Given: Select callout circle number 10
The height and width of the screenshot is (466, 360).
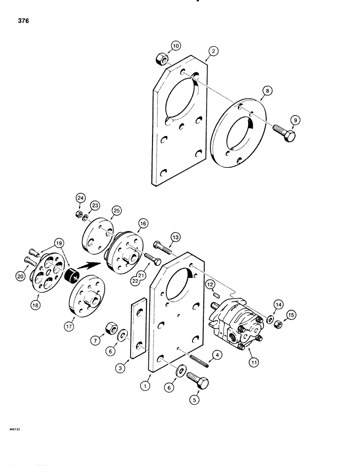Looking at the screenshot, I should point(175,47).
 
